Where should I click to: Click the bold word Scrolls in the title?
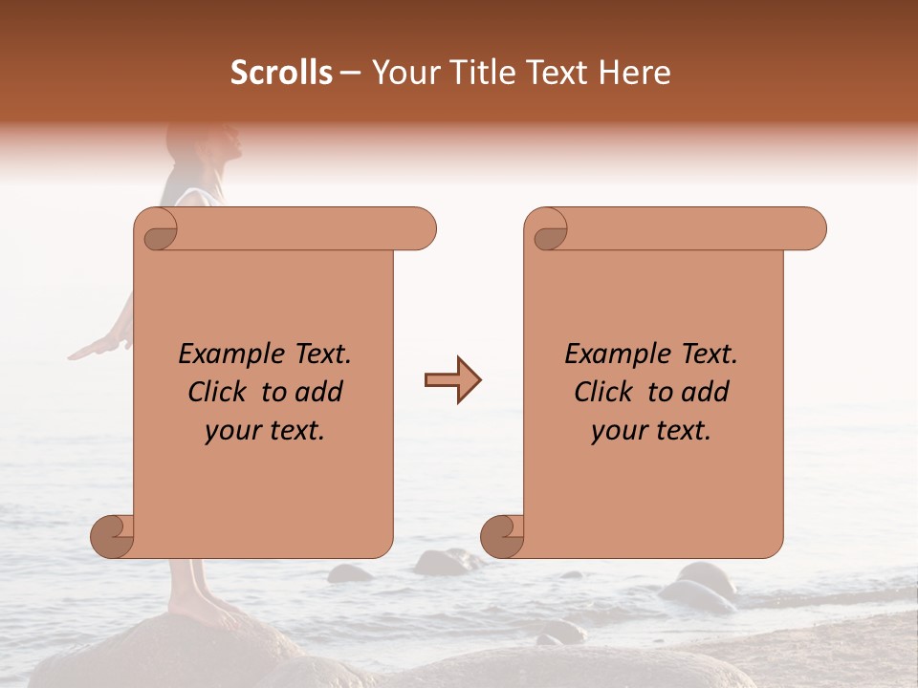pos(281,73)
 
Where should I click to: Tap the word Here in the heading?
pos(635,73)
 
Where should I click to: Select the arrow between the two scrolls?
pos(452,380)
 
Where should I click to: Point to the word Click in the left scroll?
pos(219,392)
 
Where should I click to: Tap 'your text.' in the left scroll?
pos(265,431)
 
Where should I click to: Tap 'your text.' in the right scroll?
pos(651,431)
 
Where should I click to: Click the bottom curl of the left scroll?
pos(114,536)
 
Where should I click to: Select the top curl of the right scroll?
pos(549,230)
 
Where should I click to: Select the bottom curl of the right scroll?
pos(503,536)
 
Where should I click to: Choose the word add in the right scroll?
pos(707,392)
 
